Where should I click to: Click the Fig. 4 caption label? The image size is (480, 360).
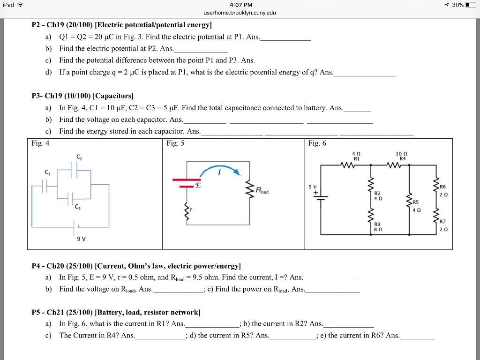click(40, 143)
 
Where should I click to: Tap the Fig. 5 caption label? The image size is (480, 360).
click(175, 143)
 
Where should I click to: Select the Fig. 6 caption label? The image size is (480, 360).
click(317, 143)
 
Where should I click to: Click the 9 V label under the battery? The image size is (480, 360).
click(81, 239)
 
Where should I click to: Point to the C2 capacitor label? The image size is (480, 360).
click(79, 157)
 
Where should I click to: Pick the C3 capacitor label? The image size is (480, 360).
click(78, 207)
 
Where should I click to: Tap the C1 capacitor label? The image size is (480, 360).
click(47, 172)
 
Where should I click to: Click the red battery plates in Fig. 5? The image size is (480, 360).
click(187, 183)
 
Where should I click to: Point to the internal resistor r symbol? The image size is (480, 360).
click(186, 211)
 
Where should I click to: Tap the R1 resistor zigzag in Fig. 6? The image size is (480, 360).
click(348, 165)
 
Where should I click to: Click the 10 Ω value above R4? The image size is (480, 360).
click(401, 154)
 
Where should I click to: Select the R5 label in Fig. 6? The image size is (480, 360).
click(415, 202)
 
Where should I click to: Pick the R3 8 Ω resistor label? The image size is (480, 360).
click(378, 227)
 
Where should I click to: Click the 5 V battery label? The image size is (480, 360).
click(313, 187)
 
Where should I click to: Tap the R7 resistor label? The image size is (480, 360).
click(442, 221)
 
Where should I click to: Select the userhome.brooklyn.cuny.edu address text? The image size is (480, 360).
click(240, 13)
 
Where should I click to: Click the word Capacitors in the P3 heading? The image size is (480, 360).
click(113, 96)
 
